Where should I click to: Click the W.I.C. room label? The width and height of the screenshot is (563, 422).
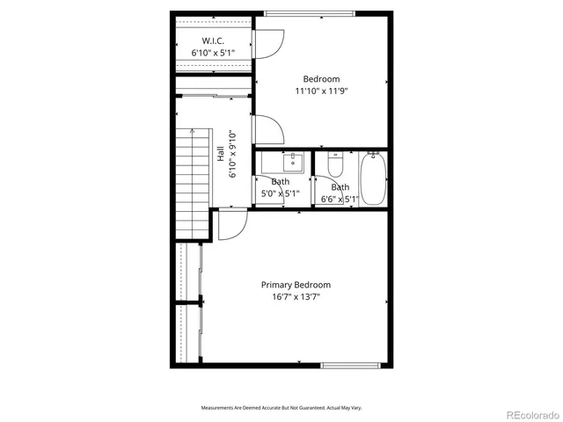[212, 40]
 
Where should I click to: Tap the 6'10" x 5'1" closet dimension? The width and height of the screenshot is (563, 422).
[212, 53]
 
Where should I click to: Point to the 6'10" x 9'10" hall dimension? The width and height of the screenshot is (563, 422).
[232, 154]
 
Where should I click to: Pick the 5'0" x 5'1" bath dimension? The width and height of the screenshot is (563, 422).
[279, 193]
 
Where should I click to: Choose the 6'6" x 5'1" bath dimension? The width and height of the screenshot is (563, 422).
[340, 199]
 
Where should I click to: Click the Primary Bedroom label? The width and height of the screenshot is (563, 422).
[296, 285]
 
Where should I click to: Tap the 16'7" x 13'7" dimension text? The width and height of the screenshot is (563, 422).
[296, 297]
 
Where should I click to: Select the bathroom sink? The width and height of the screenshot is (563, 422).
[293, 163]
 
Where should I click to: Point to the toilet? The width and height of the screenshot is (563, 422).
[334, 164]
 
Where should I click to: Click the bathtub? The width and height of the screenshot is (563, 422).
[373, 178]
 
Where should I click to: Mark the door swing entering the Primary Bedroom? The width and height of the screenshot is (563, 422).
[231, 225]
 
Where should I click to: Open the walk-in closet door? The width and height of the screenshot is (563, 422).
[269, 44]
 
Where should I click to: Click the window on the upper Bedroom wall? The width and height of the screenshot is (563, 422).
[309, 12]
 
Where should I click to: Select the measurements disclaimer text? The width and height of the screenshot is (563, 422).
[281, 408]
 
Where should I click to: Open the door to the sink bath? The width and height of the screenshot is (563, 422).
[269, 191]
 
